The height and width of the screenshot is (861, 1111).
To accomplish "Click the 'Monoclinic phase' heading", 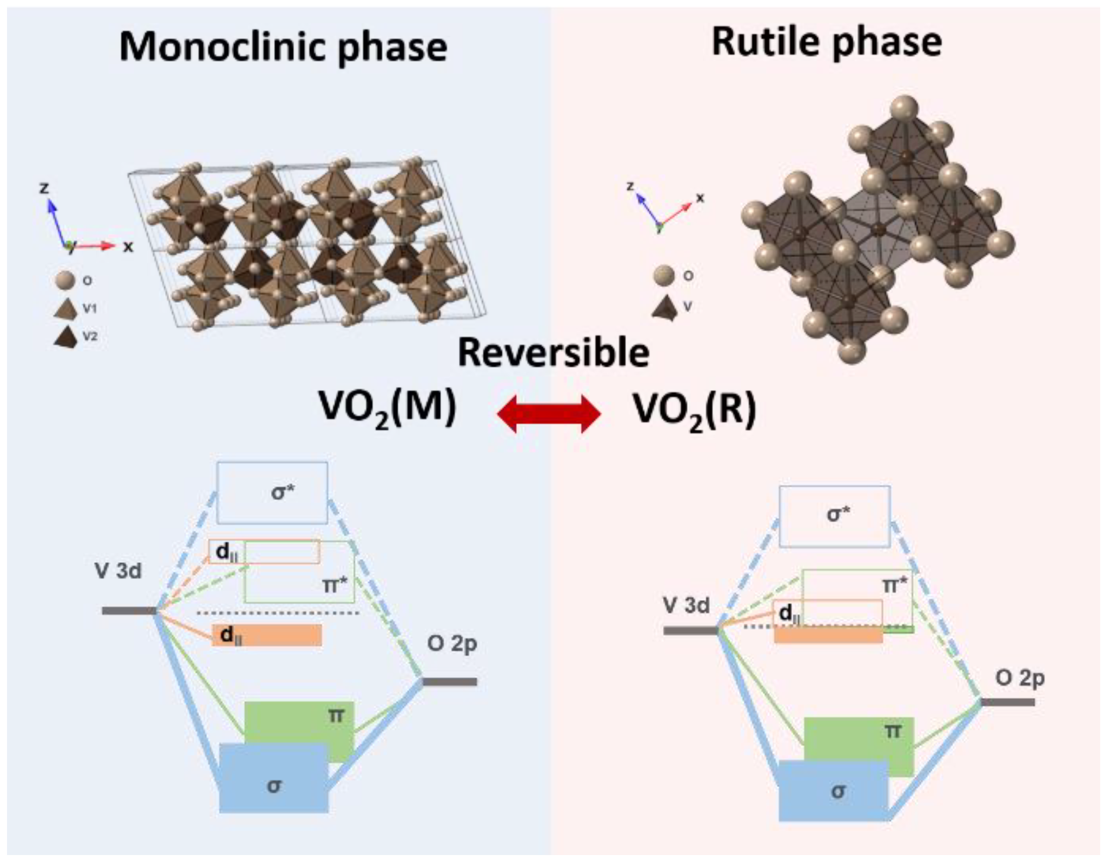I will coord(283,48).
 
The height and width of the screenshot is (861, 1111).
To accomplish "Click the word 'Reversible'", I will coord(553,352).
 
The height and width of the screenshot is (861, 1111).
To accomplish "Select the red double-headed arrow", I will coord(548,413).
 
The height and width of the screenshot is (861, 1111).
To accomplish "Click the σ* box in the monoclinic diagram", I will coord(272,492).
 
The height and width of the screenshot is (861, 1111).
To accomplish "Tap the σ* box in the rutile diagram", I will coord(834,516).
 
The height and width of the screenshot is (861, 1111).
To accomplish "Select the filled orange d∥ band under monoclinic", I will coord(268,635).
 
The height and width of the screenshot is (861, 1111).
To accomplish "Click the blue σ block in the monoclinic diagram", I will coord(274,778).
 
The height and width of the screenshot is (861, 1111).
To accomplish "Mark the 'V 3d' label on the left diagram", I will coord(118,571).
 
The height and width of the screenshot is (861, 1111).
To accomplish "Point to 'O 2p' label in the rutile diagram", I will coord(1020,678).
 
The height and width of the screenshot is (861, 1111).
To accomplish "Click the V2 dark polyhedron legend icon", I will coord(65,337).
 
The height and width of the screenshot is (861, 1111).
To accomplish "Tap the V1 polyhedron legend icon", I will coord(65,309).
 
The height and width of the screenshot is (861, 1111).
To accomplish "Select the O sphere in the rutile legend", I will coord(664,276).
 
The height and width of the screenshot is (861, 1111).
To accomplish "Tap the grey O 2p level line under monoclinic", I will coord(450,682).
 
